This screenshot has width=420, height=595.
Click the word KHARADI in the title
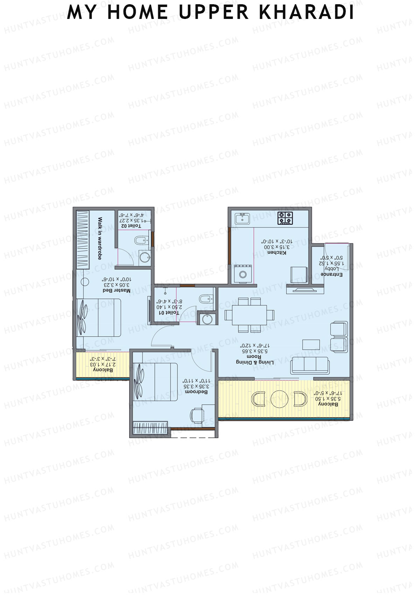307,12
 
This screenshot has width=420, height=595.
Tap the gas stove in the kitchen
285,218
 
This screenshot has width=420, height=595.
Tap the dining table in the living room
249,315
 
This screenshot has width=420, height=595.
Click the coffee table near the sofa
311,344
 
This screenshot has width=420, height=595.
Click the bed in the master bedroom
99,318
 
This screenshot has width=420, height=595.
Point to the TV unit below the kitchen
305,290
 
